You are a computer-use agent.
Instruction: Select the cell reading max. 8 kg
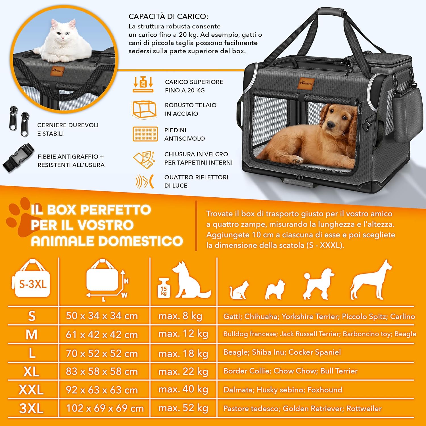pos(180,316)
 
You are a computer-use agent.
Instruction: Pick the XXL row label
pos(31,390)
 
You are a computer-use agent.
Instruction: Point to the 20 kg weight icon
pos(143,84)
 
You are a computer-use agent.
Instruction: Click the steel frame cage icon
pos(144,109)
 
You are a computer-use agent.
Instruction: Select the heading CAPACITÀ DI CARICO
pos(168,16)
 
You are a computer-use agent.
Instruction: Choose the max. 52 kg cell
pos(183,408)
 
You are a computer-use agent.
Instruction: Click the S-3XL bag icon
pos(32,280)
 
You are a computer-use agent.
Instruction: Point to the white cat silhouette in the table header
pos(239,290)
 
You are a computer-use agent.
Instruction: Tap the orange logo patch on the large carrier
pos(306,83)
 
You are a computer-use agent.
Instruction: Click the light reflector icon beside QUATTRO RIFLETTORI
pos(145,181)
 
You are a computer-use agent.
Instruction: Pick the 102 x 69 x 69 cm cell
pos(105,408)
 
